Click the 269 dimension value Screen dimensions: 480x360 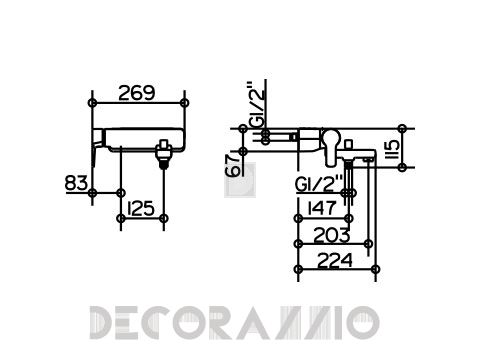coord(137,93)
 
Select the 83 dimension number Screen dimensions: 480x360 coord(76,183)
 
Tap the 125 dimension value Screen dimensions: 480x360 coord(141,208)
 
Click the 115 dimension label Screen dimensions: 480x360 coord(393,149)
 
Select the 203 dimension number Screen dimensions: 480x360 coord(332,235)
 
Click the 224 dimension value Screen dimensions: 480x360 coord(335,260)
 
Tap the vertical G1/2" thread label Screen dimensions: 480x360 coord(258,104)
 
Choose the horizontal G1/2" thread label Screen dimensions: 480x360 coord(319,183)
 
